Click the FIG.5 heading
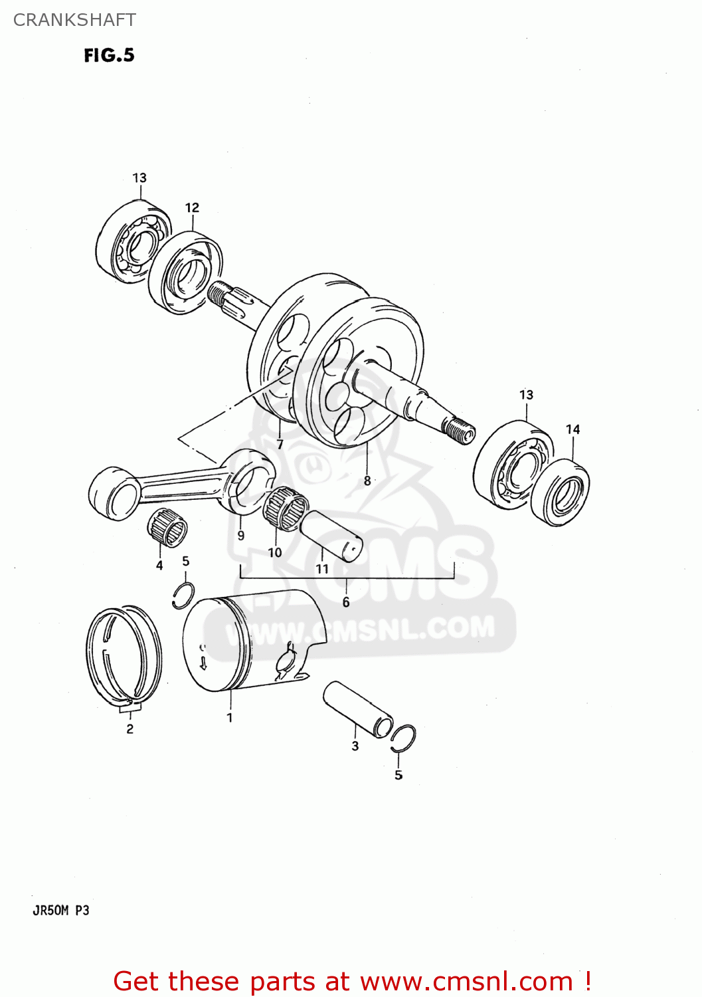[x=109, y=55]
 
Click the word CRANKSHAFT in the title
[x=74, y=20]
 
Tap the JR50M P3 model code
[x=60, y=910]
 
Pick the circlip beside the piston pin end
[x=403, y=738]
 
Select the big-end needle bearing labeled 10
[x=286, y=508]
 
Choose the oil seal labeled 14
[x=561, y=492]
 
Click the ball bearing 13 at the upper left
[x=133, y=241]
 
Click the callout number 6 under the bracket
[x=346, y=602]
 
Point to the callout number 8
[x=367, y=481]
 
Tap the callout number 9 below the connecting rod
[x=240, y=535]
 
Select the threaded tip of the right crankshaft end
[x=460, y=430]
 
